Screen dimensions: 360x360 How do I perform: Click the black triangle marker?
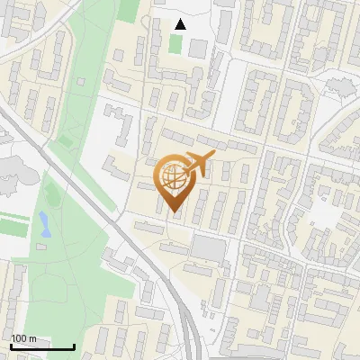180,24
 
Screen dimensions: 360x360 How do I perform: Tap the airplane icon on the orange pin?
198,165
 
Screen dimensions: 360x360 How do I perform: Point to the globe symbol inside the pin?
173,179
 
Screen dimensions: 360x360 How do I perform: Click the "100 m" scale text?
24,338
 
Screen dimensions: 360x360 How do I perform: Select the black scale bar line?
42,346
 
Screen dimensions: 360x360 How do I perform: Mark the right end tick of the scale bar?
74,345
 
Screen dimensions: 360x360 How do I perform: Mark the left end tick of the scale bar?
11,345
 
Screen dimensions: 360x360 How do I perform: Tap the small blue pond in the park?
44,224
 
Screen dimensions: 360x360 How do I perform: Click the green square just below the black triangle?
175,43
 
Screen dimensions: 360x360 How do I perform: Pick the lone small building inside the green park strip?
81,82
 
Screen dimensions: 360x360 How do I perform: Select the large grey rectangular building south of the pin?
209,247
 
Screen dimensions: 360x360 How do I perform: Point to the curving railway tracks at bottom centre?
184,315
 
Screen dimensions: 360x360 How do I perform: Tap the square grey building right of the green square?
198,48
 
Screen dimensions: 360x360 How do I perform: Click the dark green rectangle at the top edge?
129,10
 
